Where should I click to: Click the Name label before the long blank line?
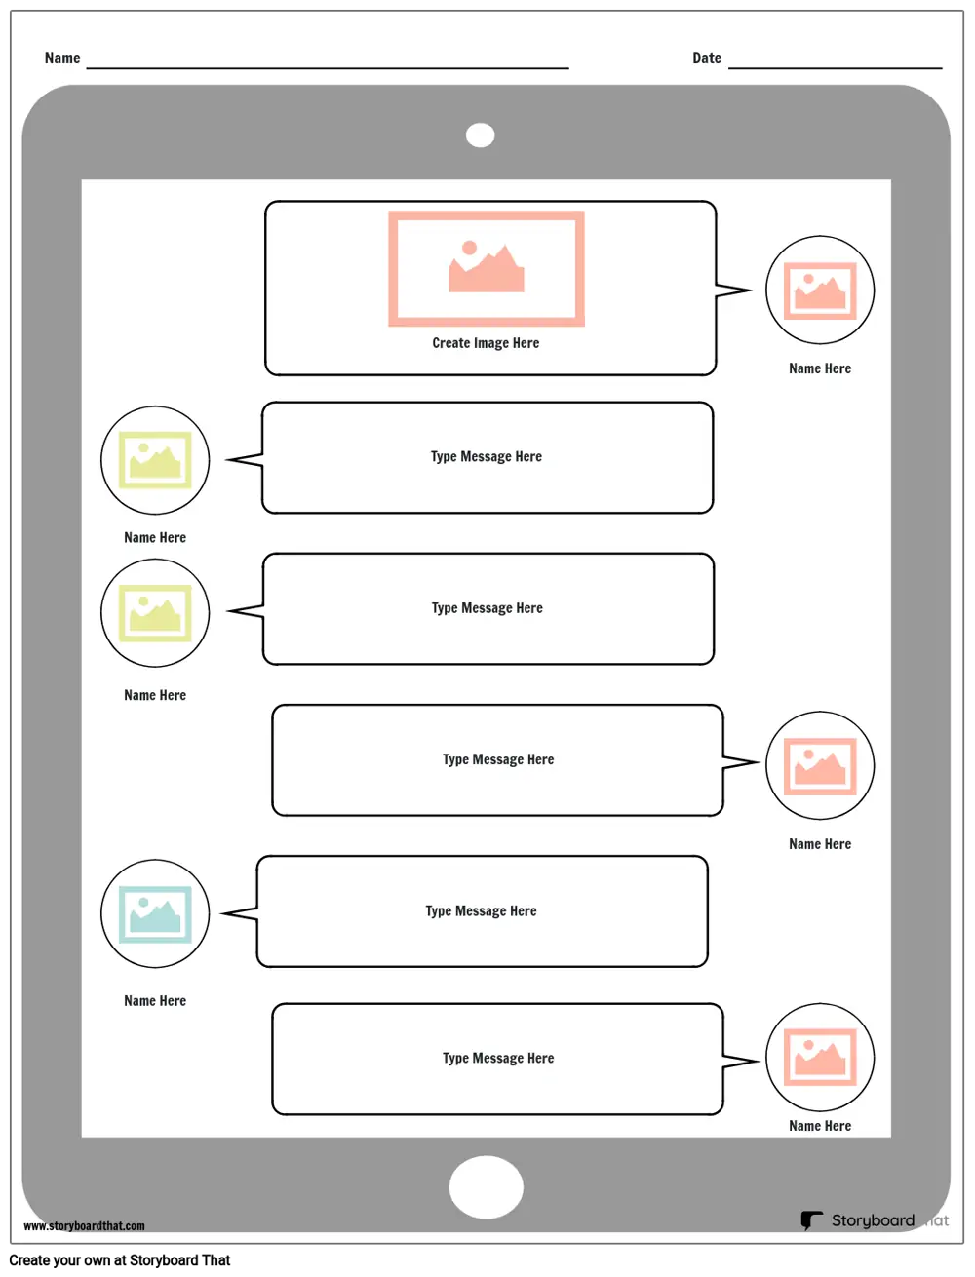pyautogui.click(x=62, y=58)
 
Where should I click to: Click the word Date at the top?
pyautogui.click(x=706, y=58)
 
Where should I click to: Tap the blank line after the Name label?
pyautogui.click(x=328, y=68)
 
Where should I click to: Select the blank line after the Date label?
pyautogui.click(x=835, y=68)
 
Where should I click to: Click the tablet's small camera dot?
pyautogui.click(x=480, y=135)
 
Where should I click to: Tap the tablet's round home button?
pyautogui.click(x=486, y=1186)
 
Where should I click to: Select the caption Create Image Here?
pyautogui.click(x=486, y=343)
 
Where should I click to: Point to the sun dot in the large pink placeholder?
pyautogui.click(x=469, y=248)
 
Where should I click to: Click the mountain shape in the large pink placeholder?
pyautogui.click(x=487, y=272)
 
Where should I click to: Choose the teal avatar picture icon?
pyautogui.click(x=155, y=914)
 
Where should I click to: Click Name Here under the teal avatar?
pyautogui.click(x=155, y=1001)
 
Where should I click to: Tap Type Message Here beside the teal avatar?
pyautogui.click(x=481, y=911)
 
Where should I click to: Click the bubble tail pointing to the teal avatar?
pyautogui.click(x=239, y=914)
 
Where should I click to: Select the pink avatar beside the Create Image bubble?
pyautogui.click(x=820, y=290)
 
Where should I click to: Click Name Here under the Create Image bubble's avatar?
pyautogui.click(x=820, y=368)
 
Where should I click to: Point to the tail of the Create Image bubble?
pyautogui.click(x=734, y=290)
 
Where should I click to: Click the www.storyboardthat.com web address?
pyautogui.click(x=85, y=1225)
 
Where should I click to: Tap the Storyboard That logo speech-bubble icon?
pyautogui.click(x=811, y=1220)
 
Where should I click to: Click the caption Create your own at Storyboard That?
pyautogui.click(x=119, y=1260)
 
